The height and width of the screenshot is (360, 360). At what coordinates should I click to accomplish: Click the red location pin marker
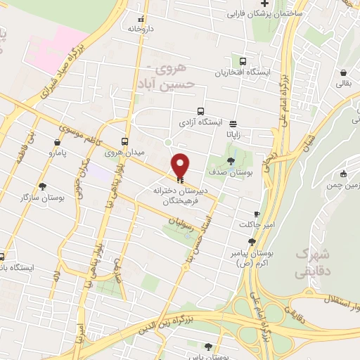click(181, 165)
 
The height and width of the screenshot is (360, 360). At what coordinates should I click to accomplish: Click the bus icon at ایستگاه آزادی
click(201, 111)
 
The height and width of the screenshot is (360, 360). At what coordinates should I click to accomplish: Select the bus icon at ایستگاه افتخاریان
click(243, 61)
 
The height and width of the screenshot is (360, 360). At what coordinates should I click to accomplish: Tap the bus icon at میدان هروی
click(124, 141)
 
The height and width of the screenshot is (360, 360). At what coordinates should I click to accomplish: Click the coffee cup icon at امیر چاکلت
click(257, 214)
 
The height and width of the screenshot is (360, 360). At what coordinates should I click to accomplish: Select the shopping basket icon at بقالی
click(342, 73)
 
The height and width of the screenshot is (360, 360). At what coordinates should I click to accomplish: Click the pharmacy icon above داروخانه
click(142, 18)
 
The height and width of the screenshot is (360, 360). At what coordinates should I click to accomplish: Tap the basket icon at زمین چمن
click(342, 174)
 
